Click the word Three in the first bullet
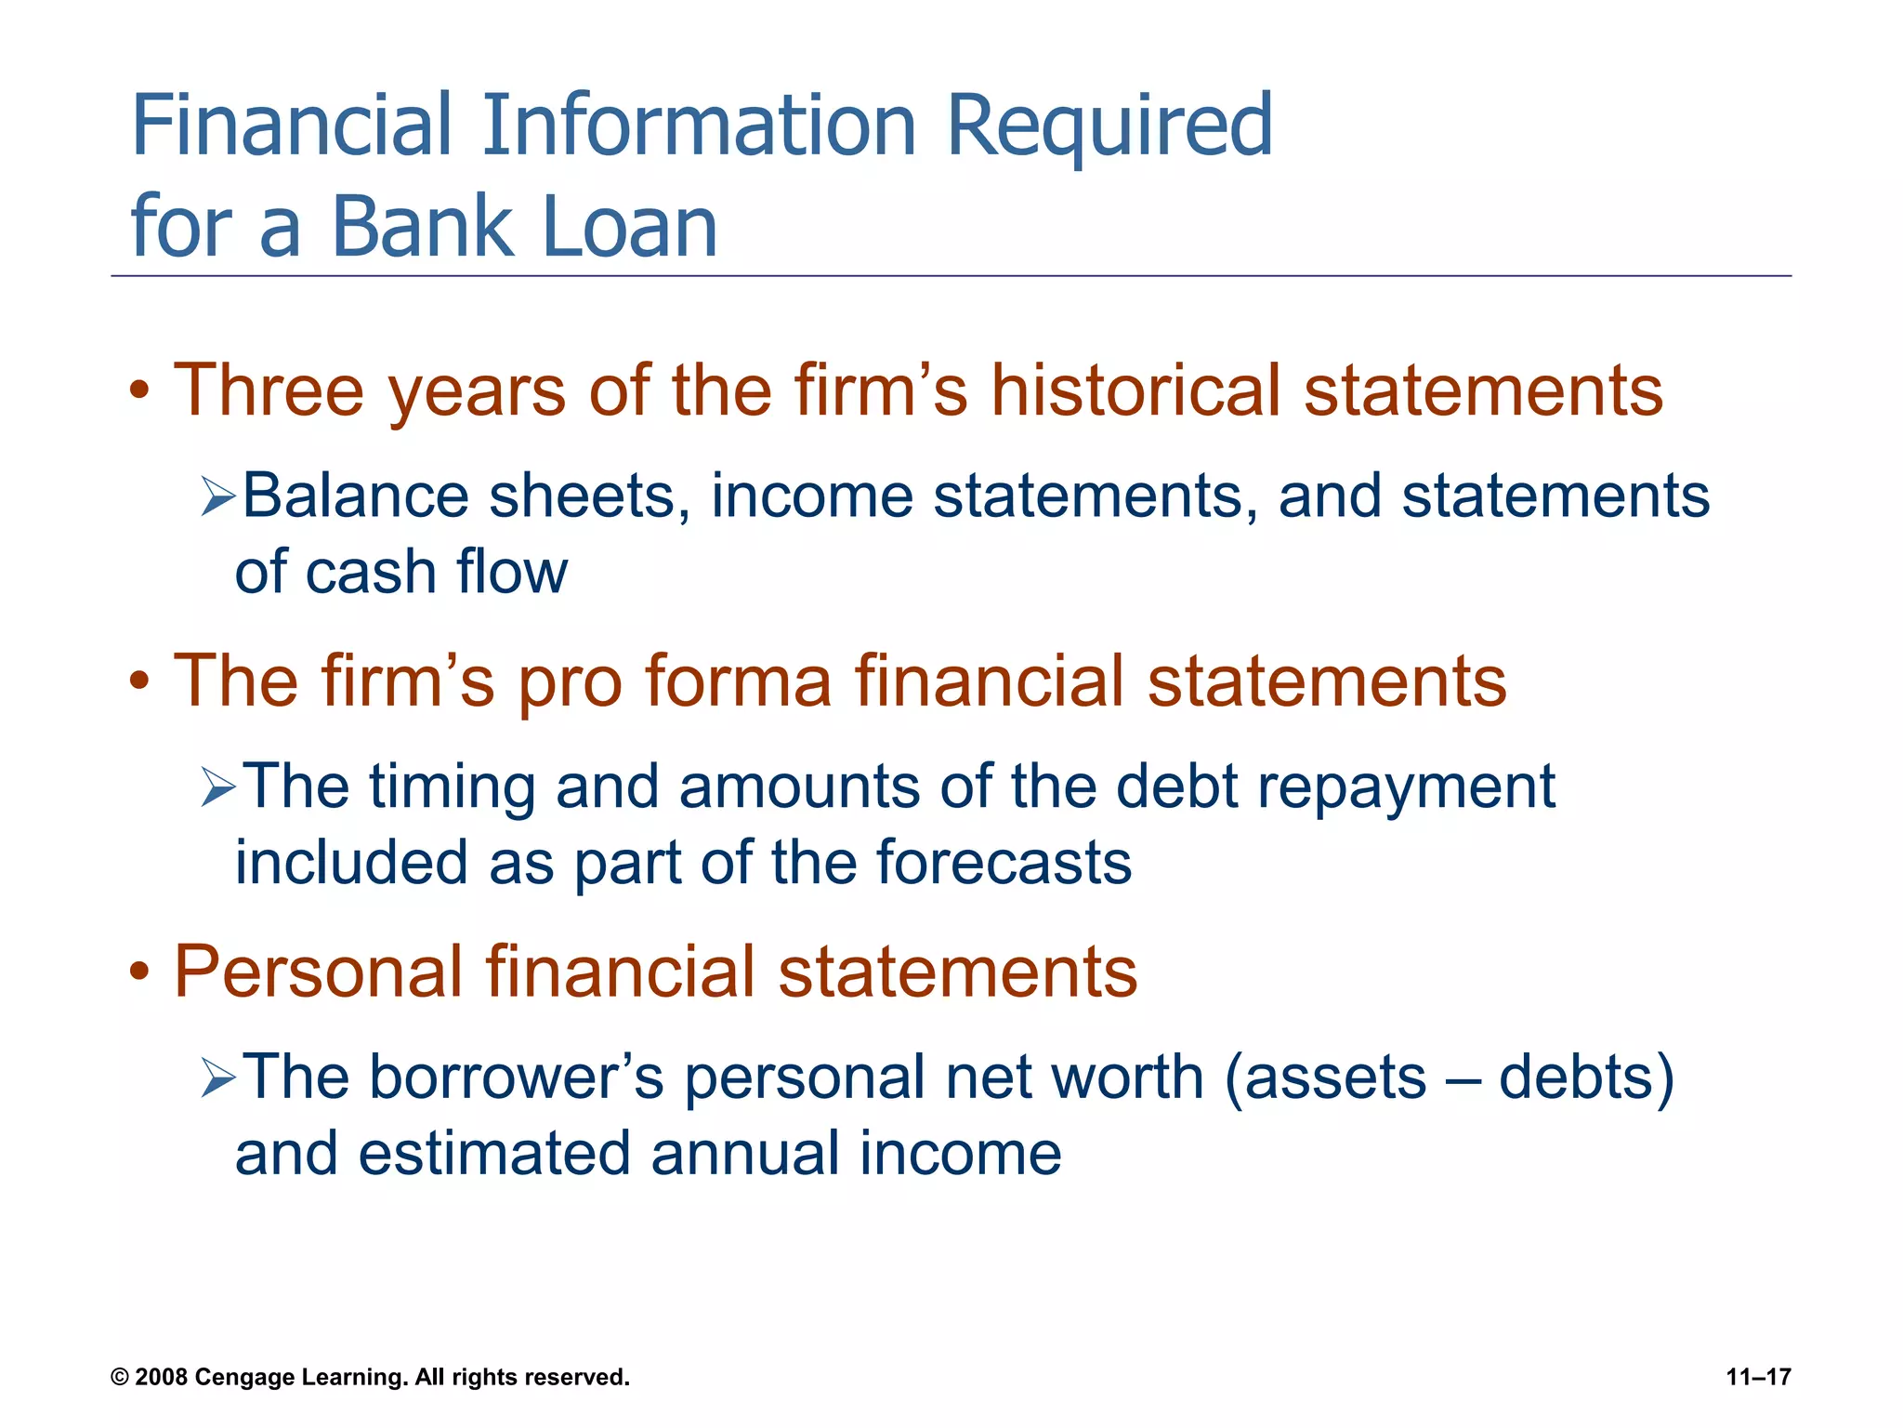click(269, 390)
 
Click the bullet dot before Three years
click(139, 392)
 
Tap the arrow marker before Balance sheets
click(218, 496)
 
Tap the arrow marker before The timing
click(218, 787)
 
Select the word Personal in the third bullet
click(318, 972)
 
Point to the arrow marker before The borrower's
click(218, 1079)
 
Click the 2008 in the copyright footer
click(162, 1378)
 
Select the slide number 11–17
click(1758, 1378)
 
